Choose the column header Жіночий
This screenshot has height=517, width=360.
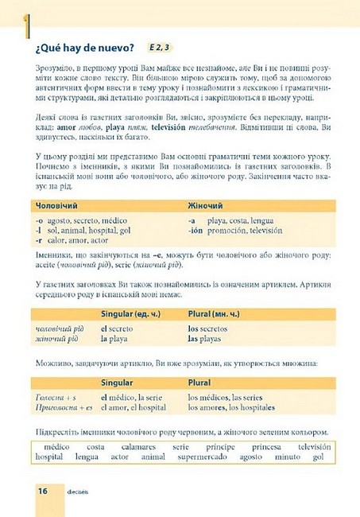point(206,205)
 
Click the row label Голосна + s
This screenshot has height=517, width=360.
point(56,397)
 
